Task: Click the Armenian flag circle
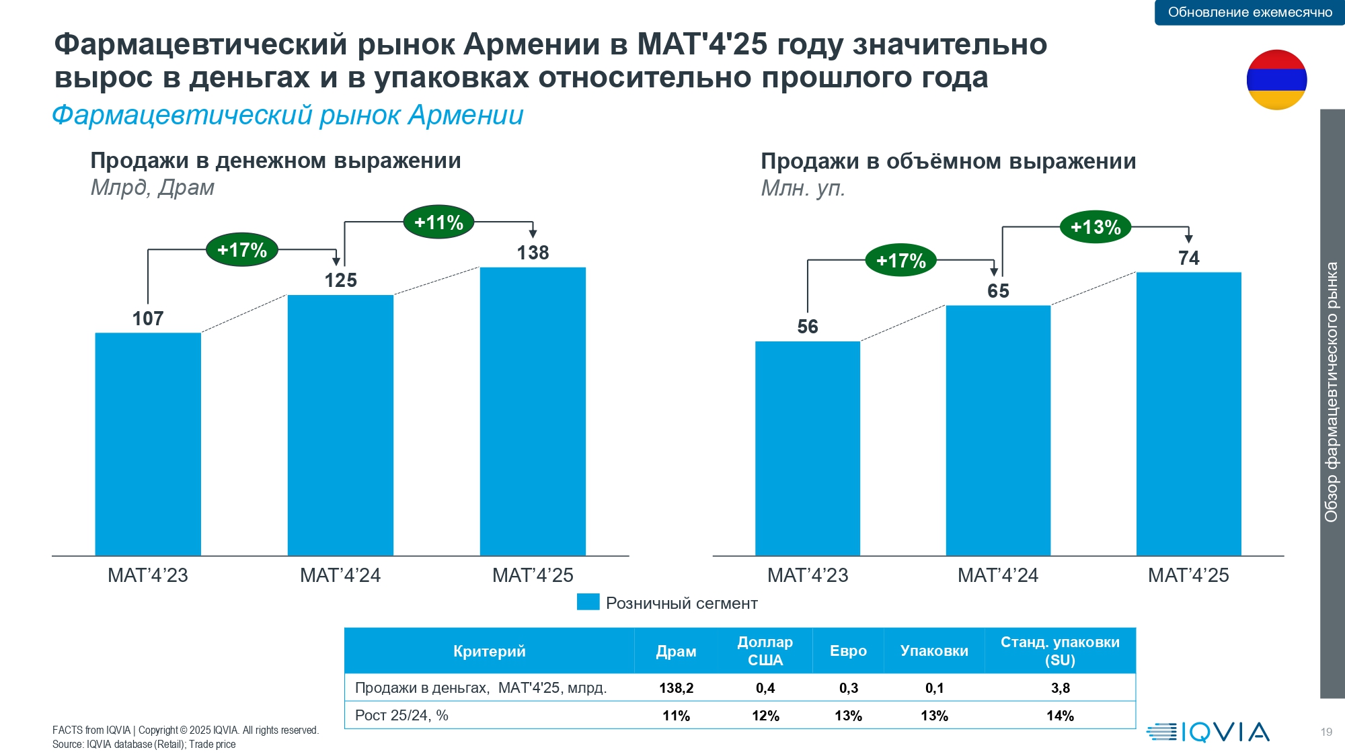point(1276,79)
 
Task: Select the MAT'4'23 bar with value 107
point(148,444)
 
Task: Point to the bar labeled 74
point(1188,413)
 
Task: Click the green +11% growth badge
point(438,222)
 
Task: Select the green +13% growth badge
point(1096,227)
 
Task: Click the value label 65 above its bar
point(998,291)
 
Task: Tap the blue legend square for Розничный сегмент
point(588,602)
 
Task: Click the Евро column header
point(848,650)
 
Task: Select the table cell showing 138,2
point(676,687)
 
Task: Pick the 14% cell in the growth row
point(1060,716)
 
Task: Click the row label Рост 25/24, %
point(401,715)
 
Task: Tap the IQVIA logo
point(1208,732)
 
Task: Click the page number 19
point(1326,732)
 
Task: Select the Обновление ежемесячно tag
point(1250,12)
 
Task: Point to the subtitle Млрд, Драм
point(153,187)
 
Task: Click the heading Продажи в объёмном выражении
point(948,161)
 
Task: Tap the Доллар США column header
point(765,650)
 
